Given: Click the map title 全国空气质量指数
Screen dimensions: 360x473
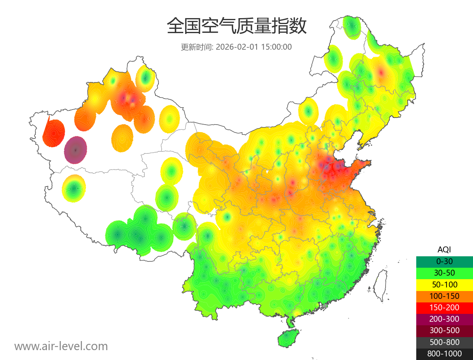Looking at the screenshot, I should point(236,26).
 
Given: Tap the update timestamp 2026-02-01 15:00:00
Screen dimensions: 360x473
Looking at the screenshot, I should point(254,47).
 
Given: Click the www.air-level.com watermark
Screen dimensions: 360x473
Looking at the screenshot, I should point(61,346).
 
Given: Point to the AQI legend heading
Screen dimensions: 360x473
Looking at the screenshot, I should point(444,249).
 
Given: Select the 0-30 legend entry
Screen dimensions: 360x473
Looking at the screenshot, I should point(444,261).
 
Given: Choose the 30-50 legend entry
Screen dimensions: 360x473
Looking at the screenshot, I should point(444,272).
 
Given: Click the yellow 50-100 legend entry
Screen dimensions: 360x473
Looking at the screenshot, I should point(444,284).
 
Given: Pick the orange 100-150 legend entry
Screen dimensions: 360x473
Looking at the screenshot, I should point(444,296).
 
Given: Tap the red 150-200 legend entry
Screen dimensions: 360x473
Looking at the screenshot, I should point(444,307).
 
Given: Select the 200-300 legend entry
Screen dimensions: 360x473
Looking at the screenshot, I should point(444,319).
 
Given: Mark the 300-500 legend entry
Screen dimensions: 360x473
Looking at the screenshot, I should point(444,330).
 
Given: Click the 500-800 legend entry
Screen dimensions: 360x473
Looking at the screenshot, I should point(444,342).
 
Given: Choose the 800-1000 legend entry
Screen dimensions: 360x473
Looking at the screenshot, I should point(444,354).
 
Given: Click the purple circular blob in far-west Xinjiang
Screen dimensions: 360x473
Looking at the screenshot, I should point(76,150).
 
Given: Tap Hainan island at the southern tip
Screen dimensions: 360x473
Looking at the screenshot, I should point(289,338).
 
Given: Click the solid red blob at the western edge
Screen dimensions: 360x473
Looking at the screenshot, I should point(54,133).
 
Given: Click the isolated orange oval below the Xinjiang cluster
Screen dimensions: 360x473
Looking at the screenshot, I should point(123,138).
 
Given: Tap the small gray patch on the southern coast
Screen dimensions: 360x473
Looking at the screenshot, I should point(325,306).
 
